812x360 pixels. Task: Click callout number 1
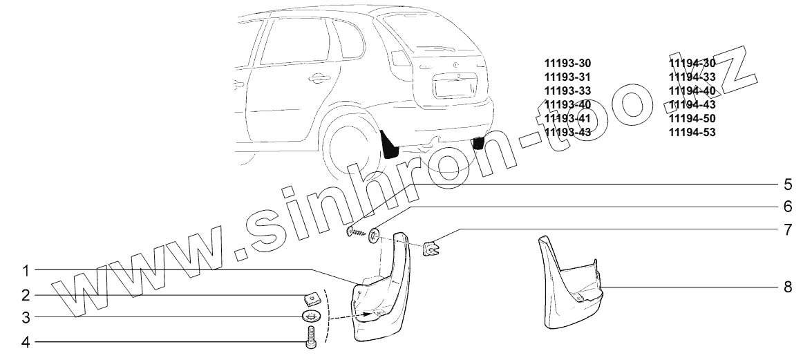click(x=25, y=269)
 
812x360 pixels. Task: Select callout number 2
click(x=25, y=295)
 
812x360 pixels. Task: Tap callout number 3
click(x=25, y=318)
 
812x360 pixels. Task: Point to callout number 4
click(x=25, y=341)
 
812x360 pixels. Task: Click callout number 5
click(x=786, y=184)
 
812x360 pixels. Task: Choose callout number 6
click(x=786, y=207)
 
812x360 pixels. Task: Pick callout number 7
click(x=786, y=229)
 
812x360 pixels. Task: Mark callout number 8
click(x=786, y=286)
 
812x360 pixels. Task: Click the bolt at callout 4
click(x=310, y=338)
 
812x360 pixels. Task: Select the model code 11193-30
click(x=567, y=63)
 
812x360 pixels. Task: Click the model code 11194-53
click(x=692, y=132)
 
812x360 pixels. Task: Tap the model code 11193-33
click(x=567, y=91)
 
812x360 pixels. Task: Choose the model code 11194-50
click(x=692, y=118)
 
